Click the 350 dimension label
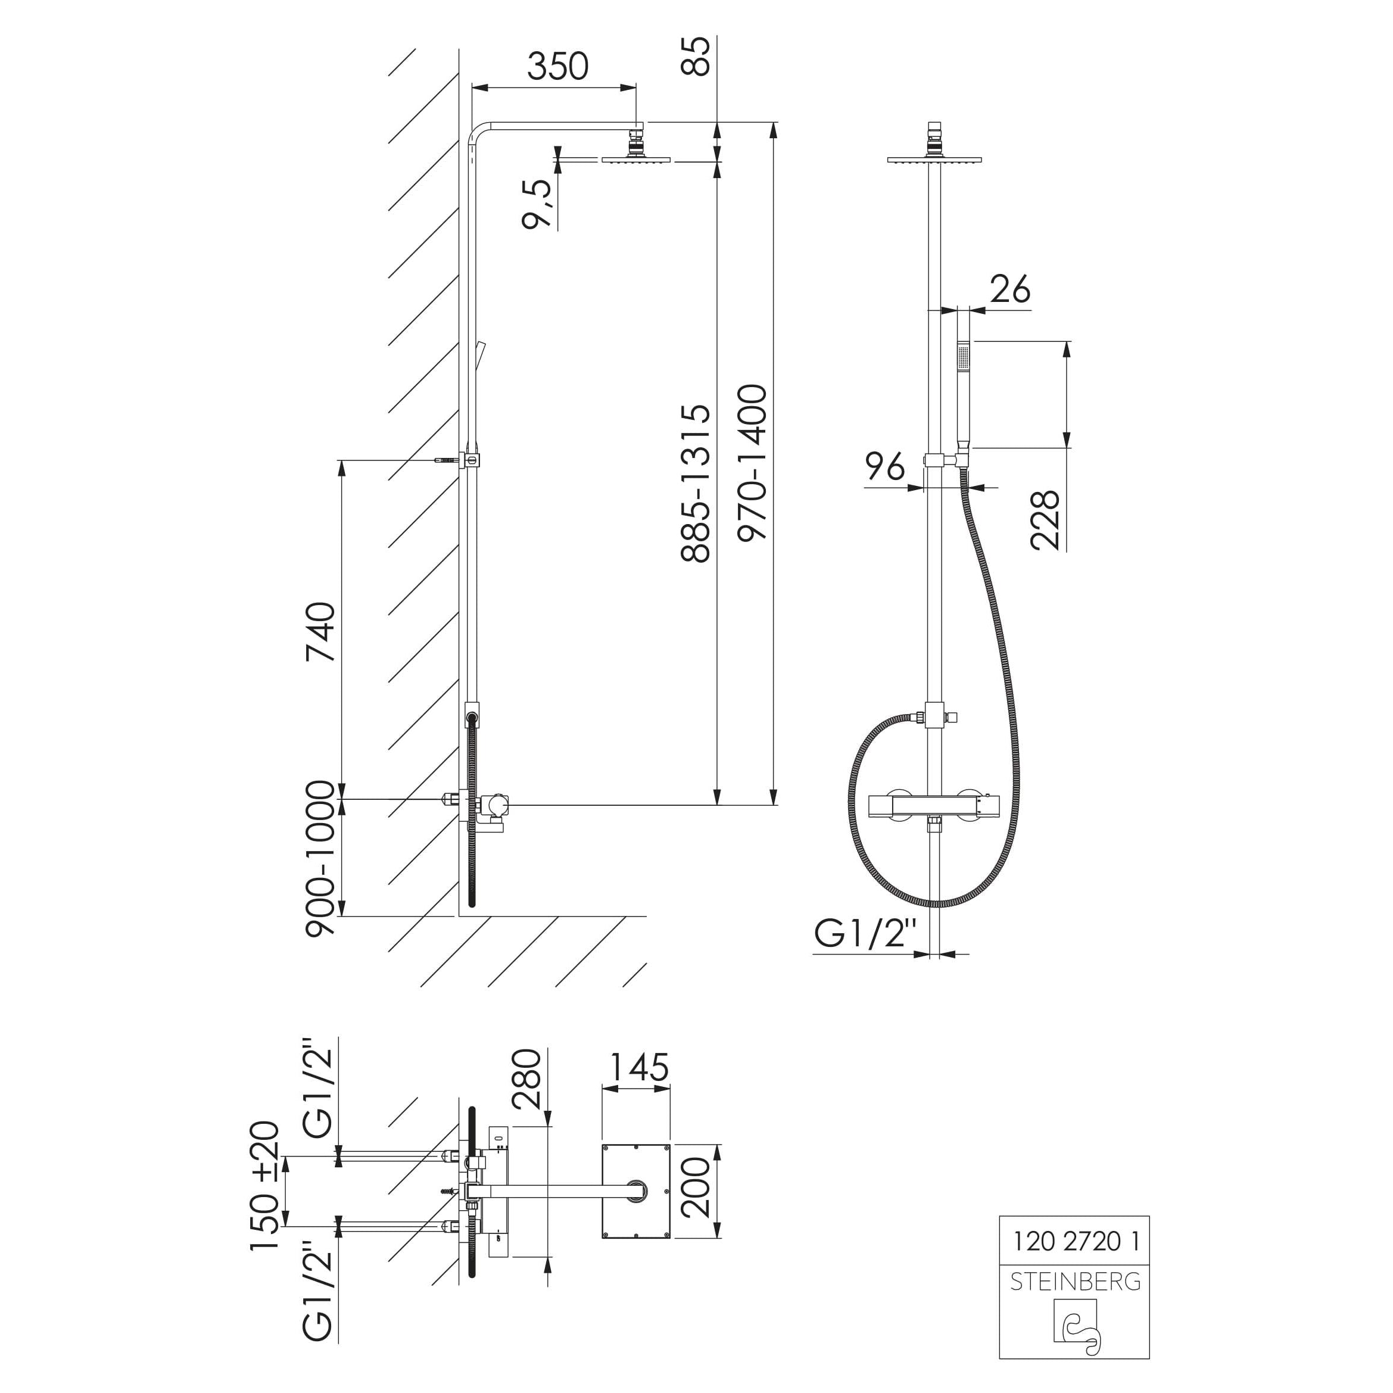coord(557,66)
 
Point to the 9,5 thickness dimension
coord(538,204)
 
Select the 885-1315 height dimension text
coord(696,483)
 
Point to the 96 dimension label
coord(884,466)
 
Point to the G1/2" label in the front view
coord(865,934)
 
